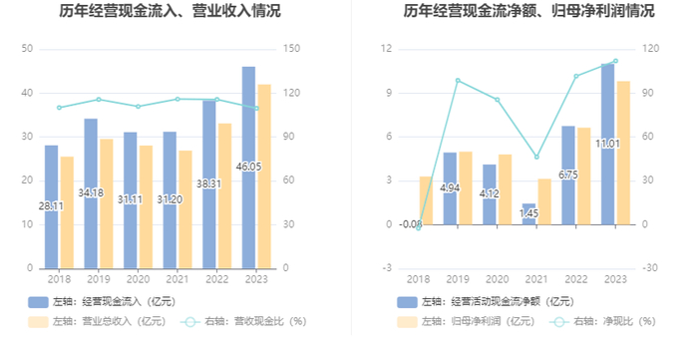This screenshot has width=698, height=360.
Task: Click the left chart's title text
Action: [170, 10]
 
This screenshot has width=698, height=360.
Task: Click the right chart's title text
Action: [528, 10]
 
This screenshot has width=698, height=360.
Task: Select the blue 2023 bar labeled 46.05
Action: [249, 168]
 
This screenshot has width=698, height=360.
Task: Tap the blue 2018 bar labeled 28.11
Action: [51, 206]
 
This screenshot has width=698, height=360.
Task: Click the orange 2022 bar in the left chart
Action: [224, 195]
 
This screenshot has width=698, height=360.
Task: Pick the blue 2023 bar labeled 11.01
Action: [607, 145]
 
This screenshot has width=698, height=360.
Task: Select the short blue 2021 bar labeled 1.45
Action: [528, 214]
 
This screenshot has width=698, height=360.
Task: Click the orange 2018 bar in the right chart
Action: [426, 200]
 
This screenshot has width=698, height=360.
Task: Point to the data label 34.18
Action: [91, 192]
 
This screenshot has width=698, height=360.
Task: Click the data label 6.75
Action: [568, 175]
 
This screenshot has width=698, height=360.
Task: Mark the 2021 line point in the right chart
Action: [536, 158]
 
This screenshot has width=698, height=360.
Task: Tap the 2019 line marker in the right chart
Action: [458, 81]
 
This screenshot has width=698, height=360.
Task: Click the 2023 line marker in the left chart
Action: [256, 108]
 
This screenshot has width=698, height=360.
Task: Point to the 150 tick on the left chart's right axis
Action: [291, 49]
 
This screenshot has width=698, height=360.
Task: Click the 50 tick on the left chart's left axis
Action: [27, 49]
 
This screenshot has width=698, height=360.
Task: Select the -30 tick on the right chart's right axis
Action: [651, 268]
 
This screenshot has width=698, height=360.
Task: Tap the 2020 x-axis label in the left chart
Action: [138, 279]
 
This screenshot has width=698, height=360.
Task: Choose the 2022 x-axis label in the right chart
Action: [576, 279]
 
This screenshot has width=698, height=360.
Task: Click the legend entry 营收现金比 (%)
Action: [243, 321]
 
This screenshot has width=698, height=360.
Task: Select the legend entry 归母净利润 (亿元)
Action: [466, 321]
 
